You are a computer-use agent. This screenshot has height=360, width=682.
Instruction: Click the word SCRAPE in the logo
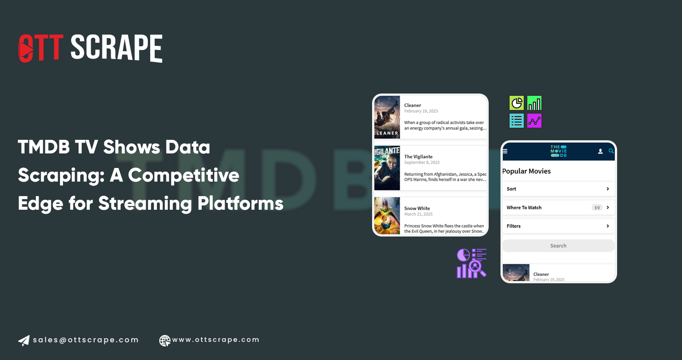[116, 48]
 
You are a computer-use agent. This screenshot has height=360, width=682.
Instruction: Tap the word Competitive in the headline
[183, 175]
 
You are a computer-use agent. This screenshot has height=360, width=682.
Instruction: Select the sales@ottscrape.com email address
[86, 340]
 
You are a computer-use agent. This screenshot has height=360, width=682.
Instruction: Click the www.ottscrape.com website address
[216, 340]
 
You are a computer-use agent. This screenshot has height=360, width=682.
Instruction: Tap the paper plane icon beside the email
[24, 340]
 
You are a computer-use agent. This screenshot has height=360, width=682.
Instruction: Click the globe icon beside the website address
[165, 340]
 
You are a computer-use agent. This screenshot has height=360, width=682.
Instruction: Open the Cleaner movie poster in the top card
[387, 117]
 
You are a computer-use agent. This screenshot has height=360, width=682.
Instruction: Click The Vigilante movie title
[418, 157]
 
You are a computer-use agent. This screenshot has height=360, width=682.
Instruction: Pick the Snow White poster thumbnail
[387, 216]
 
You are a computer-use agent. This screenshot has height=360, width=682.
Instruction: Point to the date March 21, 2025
[418, 214]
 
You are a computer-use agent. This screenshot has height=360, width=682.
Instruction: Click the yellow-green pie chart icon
[517, 103]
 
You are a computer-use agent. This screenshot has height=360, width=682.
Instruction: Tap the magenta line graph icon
[535, 121]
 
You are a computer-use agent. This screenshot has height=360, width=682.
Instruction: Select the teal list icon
[517, 121]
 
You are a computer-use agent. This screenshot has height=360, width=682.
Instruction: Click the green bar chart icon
[535, 103]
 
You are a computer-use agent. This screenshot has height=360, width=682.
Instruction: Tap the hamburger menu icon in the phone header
[505, 151]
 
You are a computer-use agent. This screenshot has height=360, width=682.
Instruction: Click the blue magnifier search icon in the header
[611, 151]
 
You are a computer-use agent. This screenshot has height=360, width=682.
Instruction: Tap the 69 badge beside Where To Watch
[597, 208]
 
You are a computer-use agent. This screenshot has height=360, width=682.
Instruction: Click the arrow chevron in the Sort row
[608, 189]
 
